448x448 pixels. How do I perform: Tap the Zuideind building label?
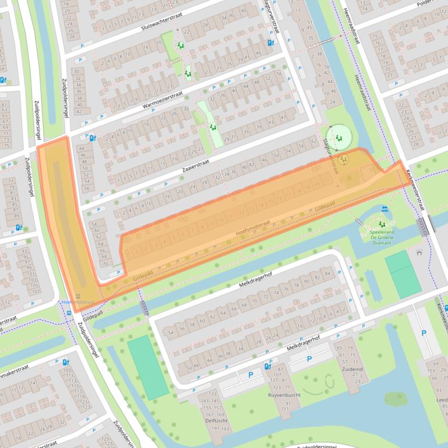coord(351,368)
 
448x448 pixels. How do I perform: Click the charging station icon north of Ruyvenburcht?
coord(267,366)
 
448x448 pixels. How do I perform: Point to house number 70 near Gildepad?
coord(105,264)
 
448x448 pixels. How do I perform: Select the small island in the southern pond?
coord(395,399)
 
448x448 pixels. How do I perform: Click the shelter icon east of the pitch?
coord(419,253)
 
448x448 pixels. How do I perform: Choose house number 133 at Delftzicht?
coord(212,394)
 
